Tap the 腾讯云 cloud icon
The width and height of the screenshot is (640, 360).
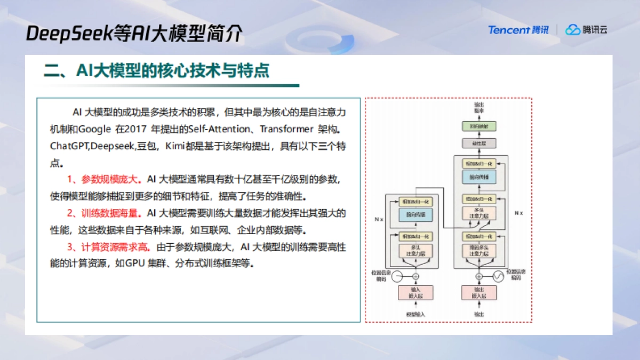coord(573,30)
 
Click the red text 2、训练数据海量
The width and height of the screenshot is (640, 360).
coord(105,213)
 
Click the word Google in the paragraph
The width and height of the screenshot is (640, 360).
coord(96,130)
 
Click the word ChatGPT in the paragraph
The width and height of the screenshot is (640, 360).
coord(69,146)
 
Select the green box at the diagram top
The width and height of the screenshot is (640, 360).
coord(478,126)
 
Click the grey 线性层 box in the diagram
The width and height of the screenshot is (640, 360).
coord(478,143)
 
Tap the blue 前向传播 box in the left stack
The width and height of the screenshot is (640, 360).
coord(415,215)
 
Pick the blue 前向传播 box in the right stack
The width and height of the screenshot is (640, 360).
coord(478,177)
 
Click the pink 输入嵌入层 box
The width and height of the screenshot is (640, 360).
coord(415,293)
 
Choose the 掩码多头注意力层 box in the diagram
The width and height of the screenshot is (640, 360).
coord(478,251)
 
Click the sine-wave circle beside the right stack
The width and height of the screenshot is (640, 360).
coord(499,276)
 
